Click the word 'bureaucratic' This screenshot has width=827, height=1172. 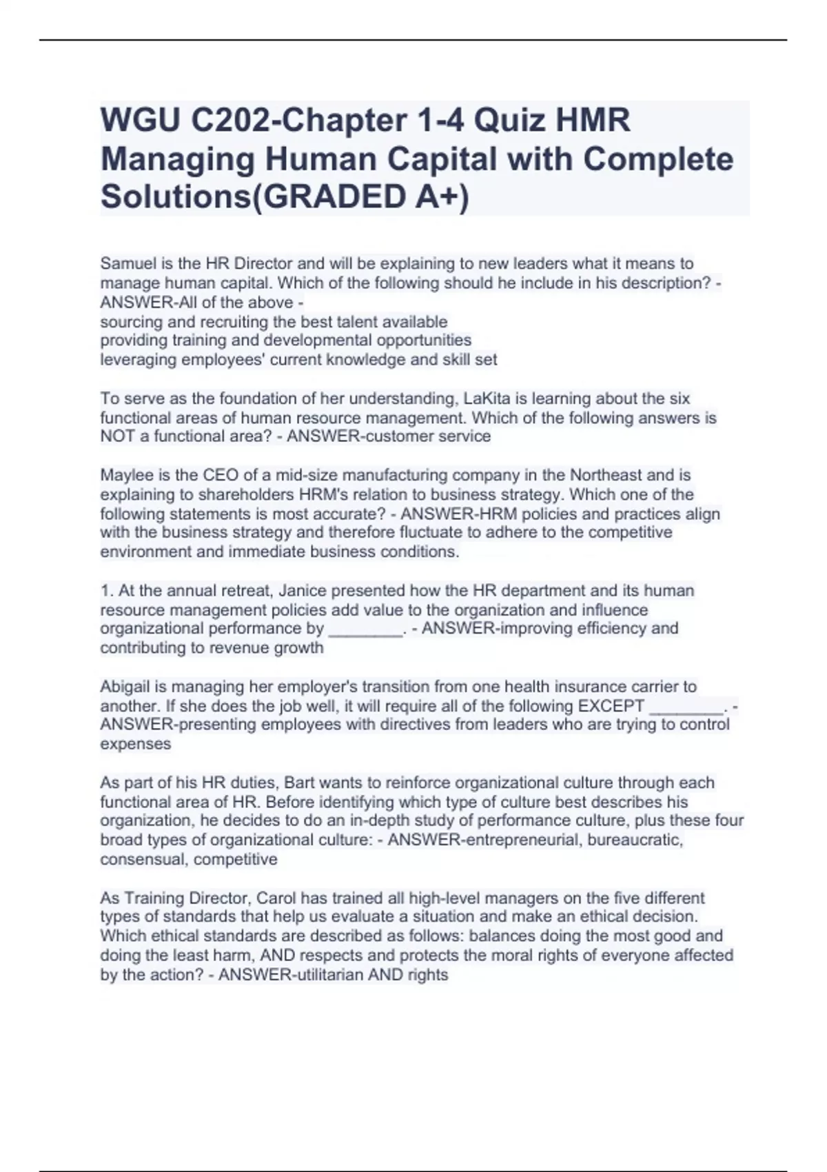635,840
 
